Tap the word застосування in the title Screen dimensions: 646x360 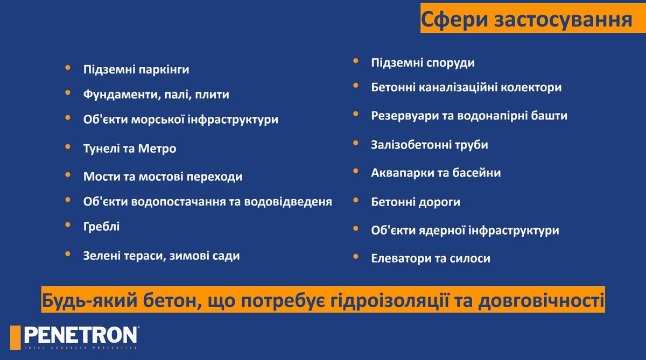pos(563,19)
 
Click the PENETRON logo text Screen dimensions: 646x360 pos(81,335)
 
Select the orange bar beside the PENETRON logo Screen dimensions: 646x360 pos(15,337)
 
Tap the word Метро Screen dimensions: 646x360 pos(157,149)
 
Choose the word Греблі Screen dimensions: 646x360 pos(102,227)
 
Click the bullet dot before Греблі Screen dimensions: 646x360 pos(68,224)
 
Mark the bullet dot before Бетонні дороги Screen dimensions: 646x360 pos(356,200)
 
